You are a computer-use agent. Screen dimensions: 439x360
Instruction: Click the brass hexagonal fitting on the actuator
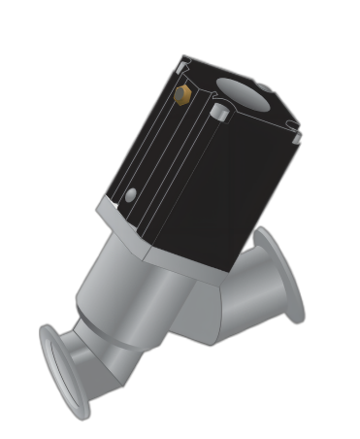(x=180, y=94)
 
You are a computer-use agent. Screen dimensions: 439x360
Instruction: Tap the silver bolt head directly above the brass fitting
(x=181, y=66)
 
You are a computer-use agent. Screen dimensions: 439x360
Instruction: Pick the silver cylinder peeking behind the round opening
(x=263, y=89)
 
